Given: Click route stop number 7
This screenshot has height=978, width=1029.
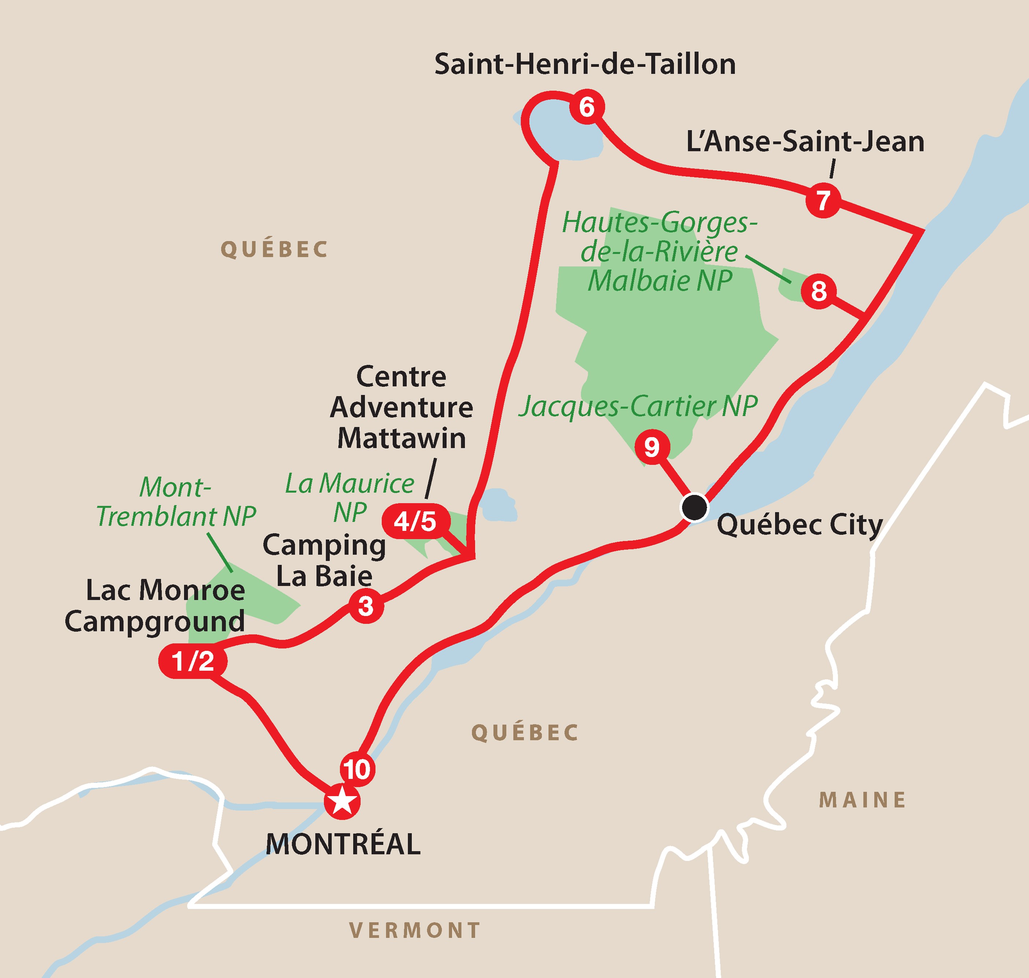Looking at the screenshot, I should click(822, 200).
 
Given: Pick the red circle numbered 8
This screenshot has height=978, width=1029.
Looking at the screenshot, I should click(818, 291).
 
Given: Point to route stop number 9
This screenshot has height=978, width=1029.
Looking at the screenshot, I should click(651, 447).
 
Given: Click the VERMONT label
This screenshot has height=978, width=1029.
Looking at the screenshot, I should click(415, 930).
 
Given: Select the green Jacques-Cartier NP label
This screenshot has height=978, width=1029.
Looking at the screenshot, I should click(638, 407).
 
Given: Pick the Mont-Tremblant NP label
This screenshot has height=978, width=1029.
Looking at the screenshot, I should click(176, 502).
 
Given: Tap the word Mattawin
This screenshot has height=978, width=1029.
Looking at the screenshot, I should click(401, 438).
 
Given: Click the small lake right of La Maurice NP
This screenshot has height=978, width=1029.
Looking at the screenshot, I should click(499, 505).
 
